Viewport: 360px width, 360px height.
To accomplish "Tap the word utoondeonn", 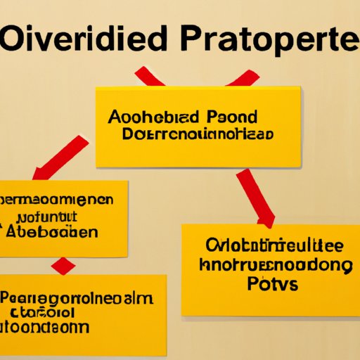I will pyautogui.click(x=46, y=327).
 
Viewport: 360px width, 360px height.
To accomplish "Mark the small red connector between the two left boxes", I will pyautogui.click(x=63, y=266).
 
